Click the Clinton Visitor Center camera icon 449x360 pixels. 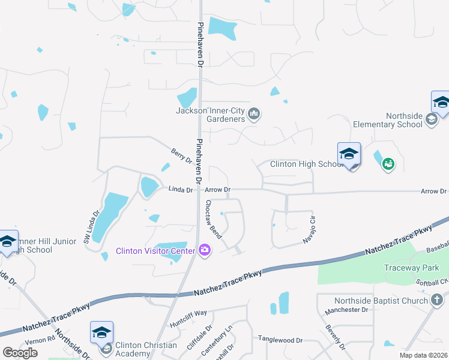(205, 250)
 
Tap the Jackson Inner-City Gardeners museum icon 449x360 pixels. (254, 113)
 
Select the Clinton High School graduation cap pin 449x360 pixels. (349, 155)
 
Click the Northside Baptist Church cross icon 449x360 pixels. (438, 300)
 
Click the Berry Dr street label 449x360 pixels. (181, 157)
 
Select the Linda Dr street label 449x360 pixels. (180, 190)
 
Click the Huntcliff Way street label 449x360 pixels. (188, 313)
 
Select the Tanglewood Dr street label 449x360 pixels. (280, 340)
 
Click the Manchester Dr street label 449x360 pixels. (345, 310)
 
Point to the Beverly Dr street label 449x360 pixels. (334, 338)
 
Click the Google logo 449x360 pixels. (20, 353)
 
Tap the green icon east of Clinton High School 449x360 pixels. (388, 163)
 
